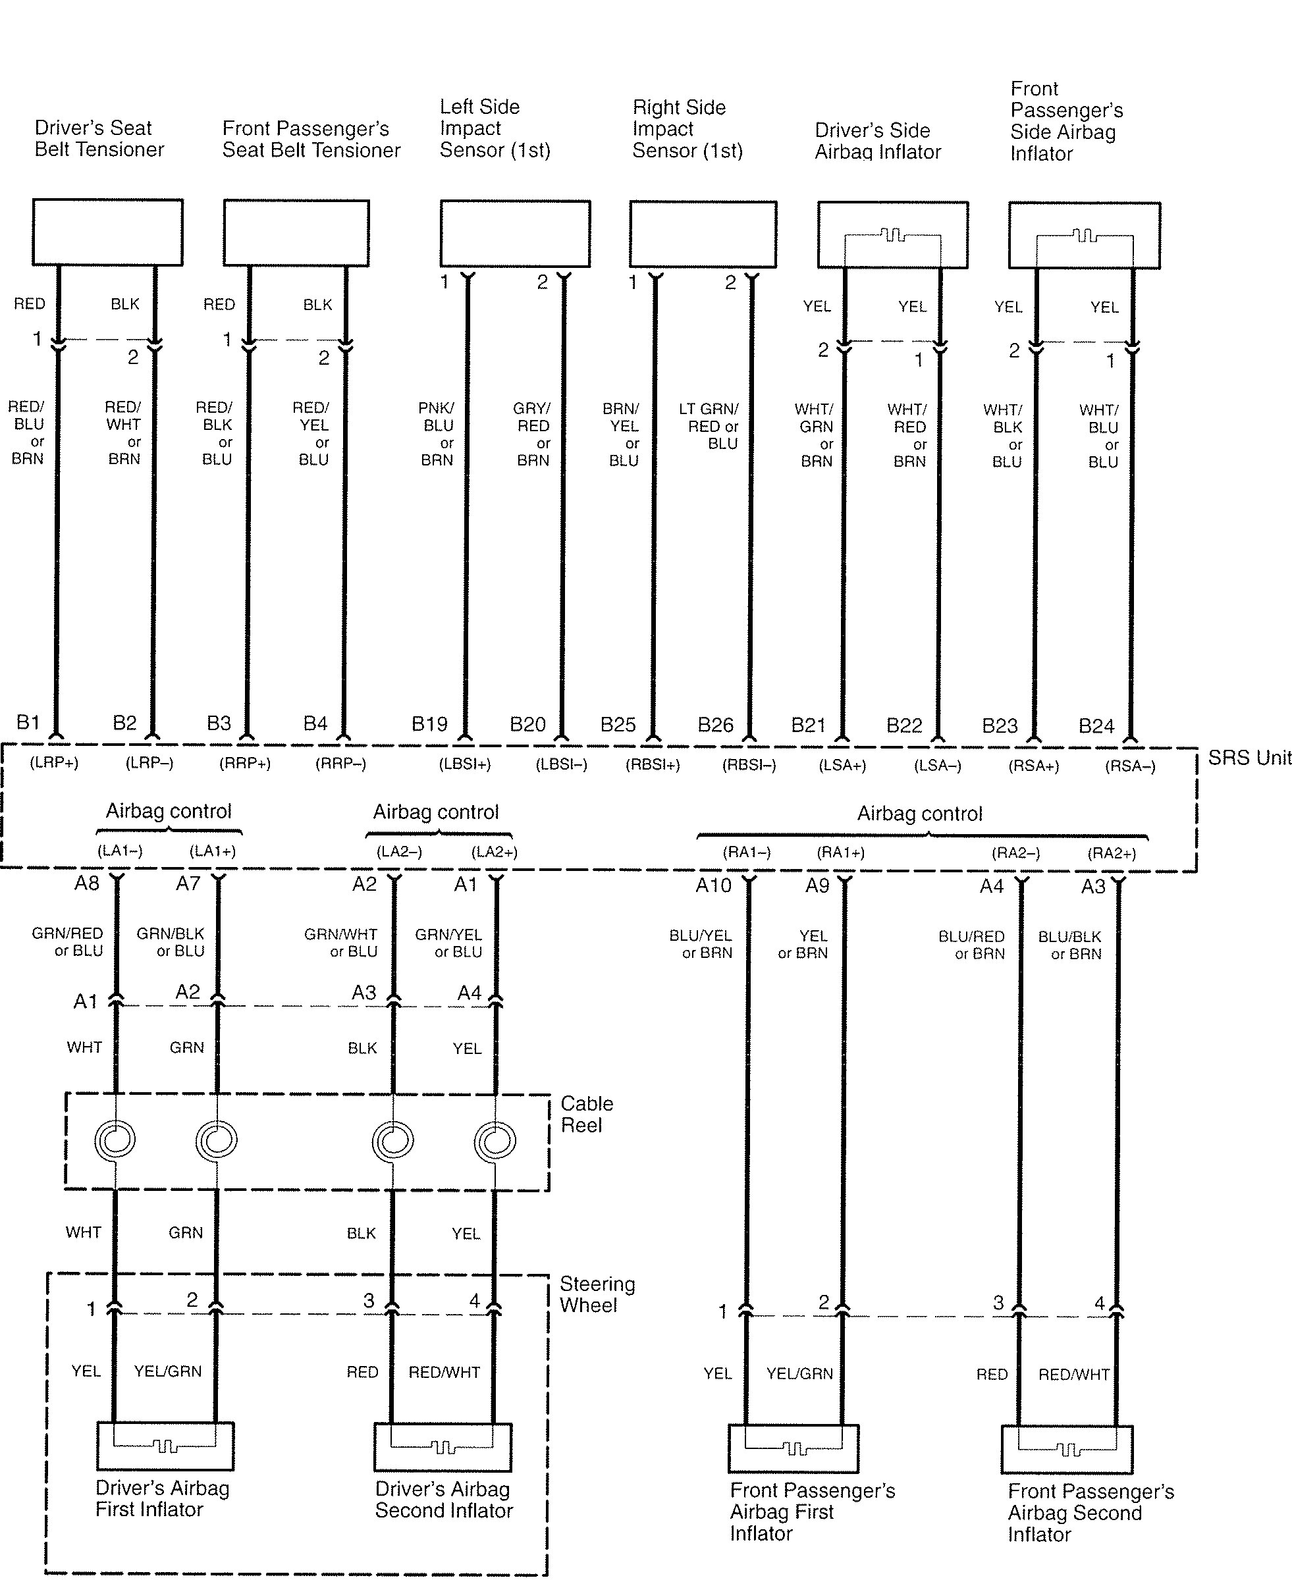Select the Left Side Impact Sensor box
[515, 233]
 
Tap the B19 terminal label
[429, 724]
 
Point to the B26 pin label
[715, 725]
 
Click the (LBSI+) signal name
[465, 764]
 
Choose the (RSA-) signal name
[1130, 766]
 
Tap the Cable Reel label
[587, 1114]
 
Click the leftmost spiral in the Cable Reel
[115, 1139]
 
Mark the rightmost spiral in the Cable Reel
[495, 1140]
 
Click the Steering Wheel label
[597, 1294]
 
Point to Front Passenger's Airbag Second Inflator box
[1067, 1449]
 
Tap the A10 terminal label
[713, 885]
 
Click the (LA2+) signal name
[494, 852]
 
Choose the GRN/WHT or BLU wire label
[341, 943]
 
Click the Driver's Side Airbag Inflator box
[892, 234]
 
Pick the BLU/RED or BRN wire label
[971, 945]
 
